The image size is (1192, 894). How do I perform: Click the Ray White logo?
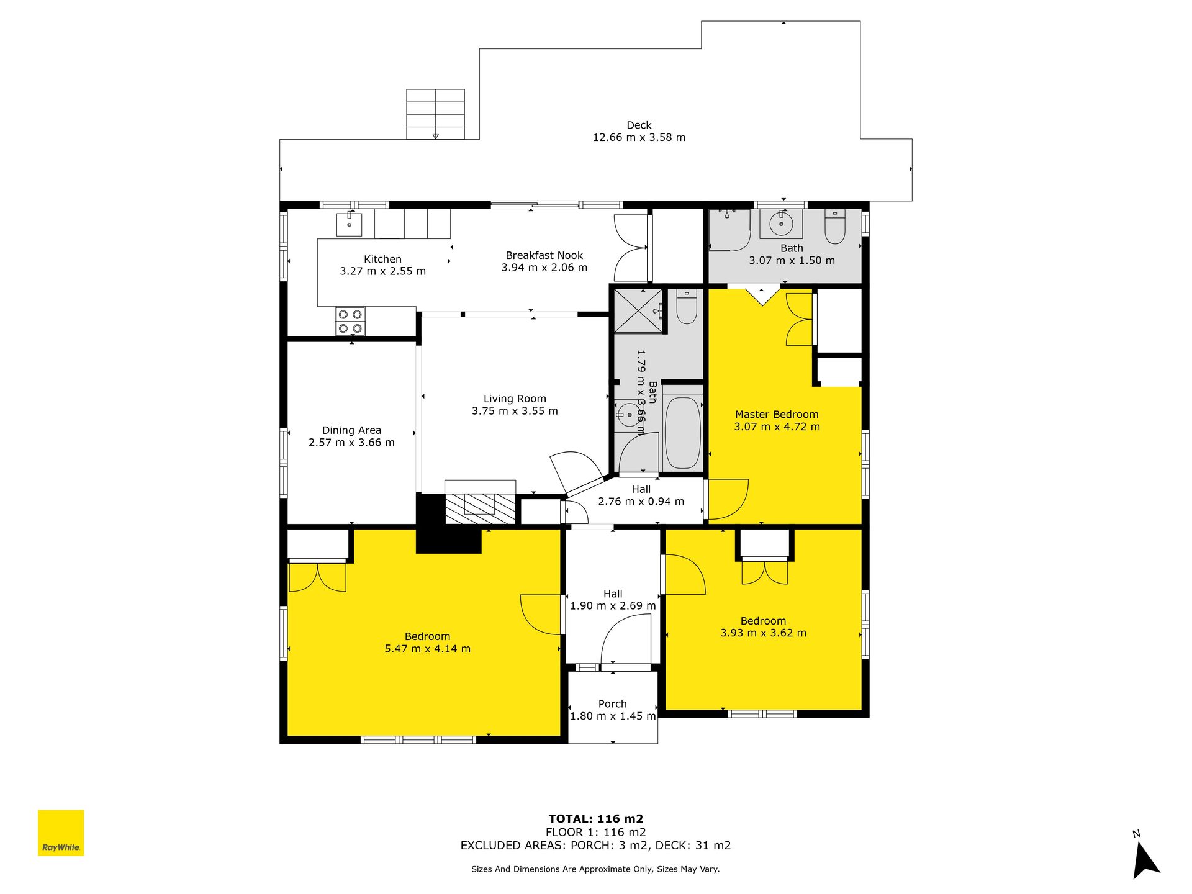(61, 833)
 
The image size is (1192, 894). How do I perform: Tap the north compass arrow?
(1145, 860)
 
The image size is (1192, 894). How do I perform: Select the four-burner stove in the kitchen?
(350, 322)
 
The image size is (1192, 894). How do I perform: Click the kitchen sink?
(349, 224)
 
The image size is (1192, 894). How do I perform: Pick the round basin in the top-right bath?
(781, 223)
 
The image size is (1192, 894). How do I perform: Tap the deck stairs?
(435, 114)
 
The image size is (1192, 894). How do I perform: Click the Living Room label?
(515, 399)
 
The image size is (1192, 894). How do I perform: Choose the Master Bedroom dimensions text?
(777, 427)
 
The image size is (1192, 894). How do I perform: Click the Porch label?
(612, 703)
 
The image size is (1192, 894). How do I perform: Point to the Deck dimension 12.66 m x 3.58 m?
(639, 137)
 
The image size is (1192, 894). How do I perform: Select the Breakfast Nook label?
(544, 255)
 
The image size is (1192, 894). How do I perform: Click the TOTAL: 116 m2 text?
(596, 819)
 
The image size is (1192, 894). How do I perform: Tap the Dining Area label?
(351, 430)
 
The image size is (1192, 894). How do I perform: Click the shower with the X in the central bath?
(638, 312)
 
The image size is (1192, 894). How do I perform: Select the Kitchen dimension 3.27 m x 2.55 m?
(382, 271)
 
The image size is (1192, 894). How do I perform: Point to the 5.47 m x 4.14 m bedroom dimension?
(427, 648)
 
